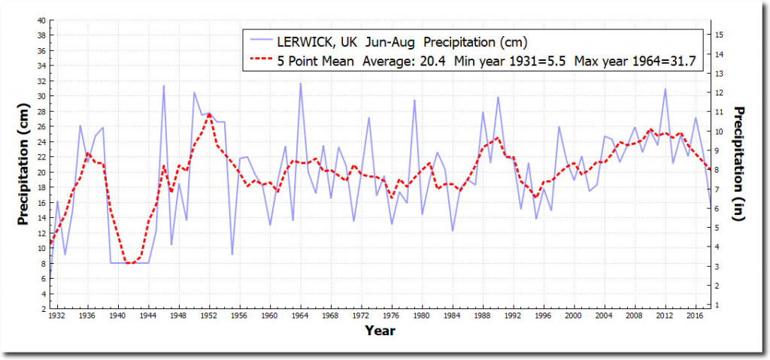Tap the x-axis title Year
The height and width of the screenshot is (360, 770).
pyautogui.click(x=380, y=330)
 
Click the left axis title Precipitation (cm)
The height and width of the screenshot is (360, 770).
pyautogui.click(x=25, y=165)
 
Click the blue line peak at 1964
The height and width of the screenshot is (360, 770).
pyautogui.click(x=301, y=83)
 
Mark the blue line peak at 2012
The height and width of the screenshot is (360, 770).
pyautogui.click(x=665, y=89)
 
